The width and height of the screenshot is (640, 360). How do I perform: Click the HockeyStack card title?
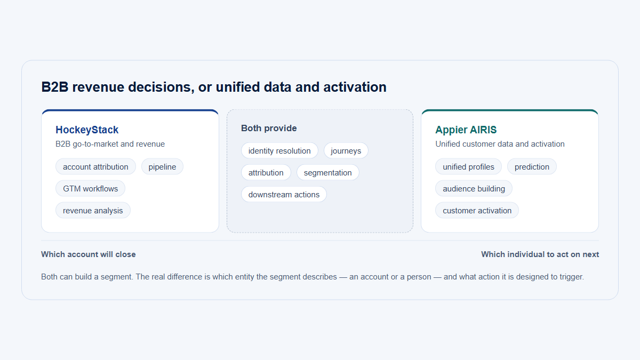click(x=87, y=130)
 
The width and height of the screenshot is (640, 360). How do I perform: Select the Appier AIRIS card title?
click(x=466, y=130)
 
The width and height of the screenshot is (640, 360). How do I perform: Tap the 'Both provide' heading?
click(x=269, y=129)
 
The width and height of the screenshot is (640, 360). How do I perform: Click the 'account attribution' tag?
click(x=95, y=166)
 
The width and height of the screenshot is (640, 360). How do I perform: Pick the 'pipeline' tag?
click(x=162, y=166)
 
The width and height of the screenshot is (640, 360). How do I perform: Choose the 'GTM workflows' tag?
click(x=90, y=189)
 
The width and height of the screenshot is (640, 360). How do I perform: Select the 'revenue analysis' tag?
click(x=93, y=211)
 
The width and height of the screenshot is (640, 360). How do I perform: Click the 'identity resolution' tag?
click(x=279, y=150)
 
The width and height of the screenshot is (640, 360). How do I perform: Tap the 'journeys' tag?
click(x=346, y=150)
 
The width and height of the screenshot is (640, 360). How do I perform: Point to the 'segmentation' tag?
click(x=327, y=173)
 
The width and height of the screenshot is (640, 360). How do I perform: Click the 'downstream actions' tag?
click(x=284, y=194)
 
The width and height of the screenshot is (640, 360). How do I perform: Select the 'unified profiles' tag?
click(x=468, y=166)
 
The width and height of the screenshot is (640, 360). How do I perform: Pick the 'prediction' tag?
click(x=532, y=166)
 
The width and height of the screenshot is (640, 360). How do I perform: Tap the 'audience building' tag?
click(x=474, y=189)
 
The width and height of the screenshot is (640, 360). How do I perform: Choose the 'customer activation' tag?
click(x=477, y=211)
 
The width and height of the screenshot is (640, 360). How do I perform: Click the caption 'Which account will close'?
click(x=89, y=254)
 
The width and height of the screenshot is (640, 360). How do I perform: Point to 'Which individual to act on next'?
click(x=540, y=254)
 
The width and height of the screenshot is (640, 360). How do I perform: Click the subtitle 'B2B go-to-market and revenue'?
click(x=110, y=144)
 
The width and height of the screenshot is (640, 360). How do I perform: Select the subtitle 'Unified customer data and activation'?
click(x=500, y=144)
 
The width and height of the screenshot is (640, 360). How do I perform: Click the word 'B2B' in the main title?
click(x=55, y=87)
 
